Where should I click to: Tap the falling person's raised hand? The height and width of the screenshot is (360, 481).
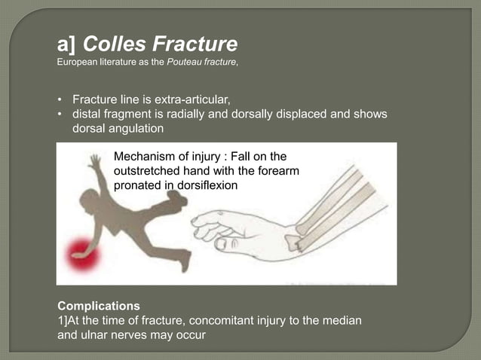[x=93, y=160]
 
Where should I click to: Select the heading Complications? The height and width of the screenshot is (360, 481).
[x=99, y=306]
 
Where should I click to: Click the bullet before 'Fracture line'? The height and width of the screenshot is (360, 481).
[x=61, y=99]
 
